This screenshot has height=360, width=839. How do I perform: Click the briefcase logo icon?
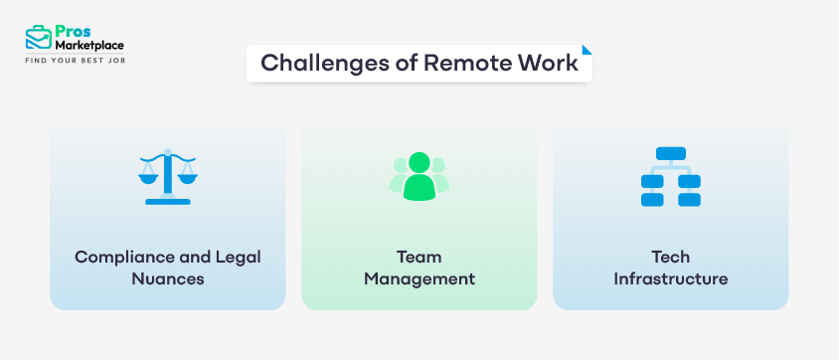pos(38,39)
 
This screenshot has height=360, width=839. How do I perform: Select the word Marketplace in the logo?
pos(90,46)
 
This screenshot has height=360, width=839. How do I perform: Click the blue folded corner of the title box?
pos(587,49)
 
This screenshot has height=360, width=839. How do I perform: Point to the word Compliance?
pos(121,257)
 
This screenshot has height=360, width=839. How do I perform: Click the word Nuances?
pos(168,278)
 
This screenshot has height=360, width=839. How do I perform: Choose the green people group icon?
pos(419,176)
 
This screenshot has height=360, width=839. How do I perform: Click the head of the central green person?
pos(419,162)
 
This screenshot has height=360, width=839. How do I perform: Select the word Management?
pos(419,278)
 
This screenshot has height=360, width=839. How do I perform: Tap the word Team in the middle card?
pos(419,257)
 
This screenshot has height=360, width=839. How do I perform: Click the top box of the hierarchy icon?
pos(671,154)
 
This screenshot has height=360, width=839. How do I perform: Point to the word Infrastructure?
pos(671,278)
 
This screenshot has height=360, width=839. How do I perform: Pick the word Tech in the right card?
pos(671,257)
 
